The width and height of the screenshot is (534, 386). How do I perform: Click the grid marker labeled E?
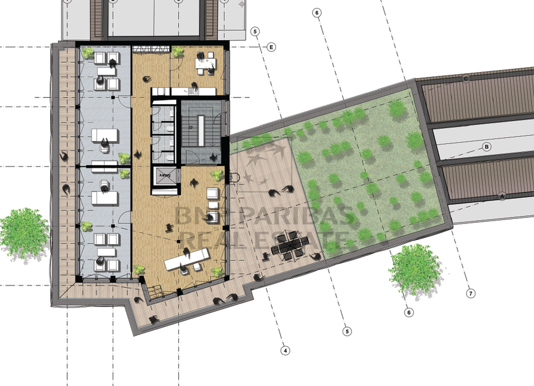271,47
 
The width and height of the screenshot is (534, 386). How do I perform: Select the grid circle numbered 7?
471,294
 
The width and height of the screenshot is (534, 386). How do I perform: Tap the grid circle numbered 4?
285,350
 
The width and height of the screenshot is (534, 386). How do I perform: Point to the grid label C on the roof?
466,79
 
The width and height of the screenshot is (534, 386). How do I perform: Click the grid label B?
487,147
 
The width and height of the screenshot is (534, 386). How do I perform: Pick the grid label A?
503,196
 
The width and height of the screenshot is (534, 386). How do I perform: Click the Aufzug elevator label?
165,176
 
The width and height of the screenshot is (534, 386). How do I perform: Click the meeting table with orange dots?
205,63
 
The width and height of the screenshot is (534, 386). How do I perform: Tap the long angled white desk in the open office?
187,259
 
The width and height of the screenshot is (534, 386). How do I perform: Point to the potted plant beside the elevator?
217,174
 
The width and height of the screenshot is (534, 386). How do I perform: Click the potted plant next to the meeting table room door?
178,52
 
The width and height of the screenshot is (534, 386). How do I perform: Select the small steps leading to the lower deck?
154,293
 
